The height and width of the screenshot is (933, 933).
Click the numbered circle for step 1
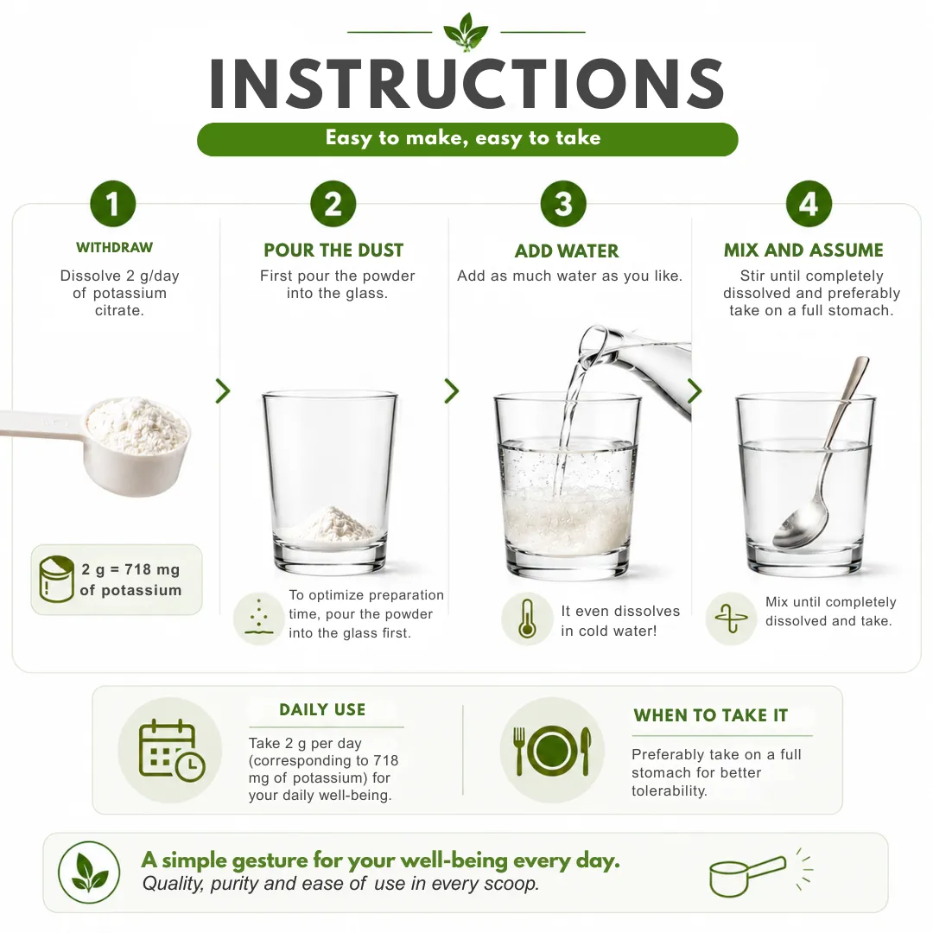click(x=113, y=204)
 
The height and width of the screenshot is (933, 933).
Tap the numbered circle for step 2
click(x=333, y=204)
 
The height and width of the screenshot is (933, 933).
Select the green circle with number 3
click(x=563, y=204)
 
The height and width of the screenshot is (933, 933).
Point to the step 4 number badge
click(x=809, y=204)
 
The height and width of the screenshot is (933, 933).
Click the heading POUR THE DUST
click(x=333, y=251)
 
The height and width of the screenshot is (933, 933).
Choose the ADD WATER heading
click(x=567, y=251)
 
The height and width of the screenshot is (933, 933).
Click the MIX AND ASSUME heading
click(x=804, y=251)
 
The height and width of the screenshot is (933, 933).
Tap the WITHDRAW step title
click(x=114, y=248)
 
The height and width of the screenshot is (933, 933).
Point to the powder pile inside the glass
click(x=334, y=524)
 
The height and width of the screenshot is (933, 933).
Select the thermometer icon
click(x=527, y=619)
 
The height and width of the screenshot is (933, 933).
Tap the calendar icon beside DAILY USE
click(x=171, y=750)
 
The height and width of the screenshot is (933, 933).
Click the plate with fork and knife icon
click(x=552, y=751)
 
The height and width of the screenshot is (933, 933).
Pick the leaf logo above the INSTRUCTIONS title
click(x=466, y=31)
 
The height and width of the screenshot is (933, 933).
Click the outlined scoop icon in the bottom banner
click(x=748, y=874)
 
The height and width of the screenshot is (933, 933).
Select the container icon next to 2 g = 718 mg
click(x=56, y=579)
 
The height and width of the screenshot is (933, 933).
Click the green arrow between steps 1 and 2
click(x=223, y=391)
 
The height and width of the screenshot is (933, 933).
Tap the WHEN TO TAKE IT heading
click(x=710, y=715)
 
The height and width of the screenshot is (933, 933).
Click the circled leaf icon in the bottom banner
click(x=89, y=873)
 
